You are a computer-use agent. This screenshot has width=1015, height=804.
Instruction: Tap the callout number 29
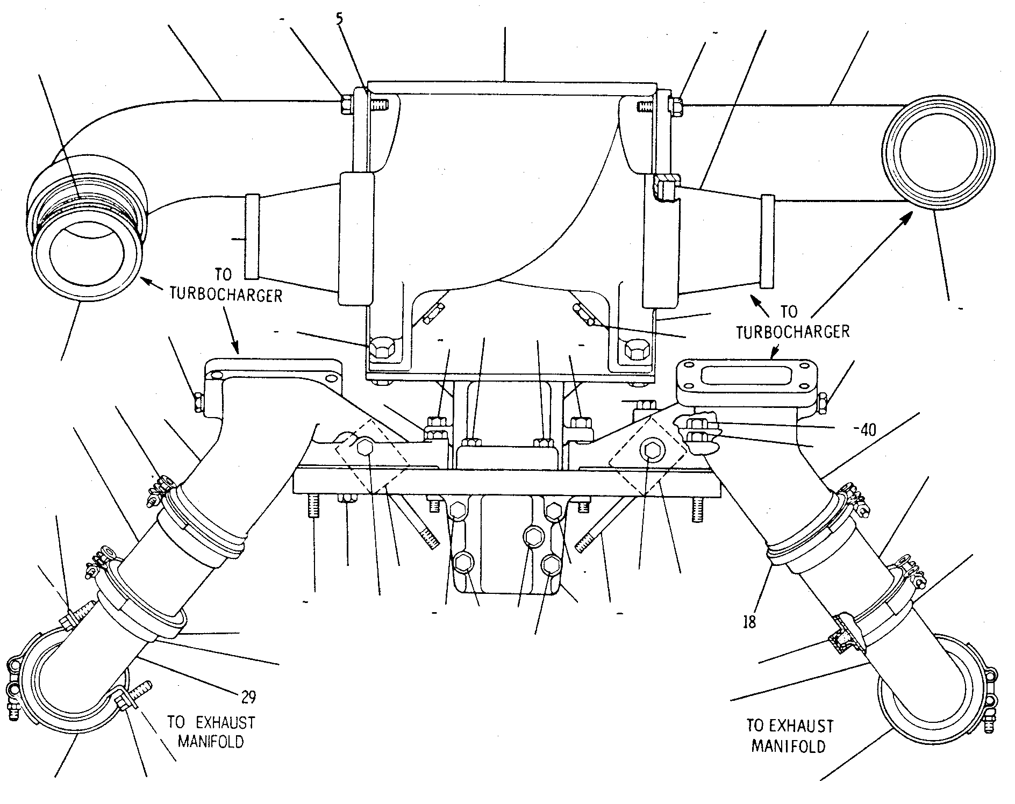248,697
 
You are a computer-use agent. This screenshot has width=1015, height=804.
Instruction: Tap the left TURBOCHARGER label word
226,295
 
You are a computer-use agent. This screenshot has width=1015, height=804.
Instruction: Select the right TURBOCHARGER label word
793,331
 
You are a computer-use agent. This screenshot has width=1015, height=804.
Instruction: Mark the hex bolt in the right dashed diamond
652,450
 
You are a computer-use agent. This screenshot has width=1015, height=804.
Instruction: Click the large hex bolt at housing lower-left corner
382,350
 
